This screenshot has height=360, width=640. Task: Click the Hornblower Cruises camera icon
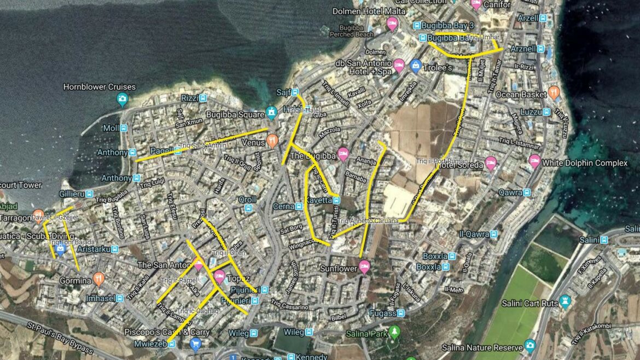[x=123, y=99]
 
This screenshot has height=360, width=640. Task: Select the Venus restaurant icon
[x=272, y=141]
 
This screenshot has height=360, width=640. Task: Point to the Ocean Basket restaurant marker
[x=554, y=93]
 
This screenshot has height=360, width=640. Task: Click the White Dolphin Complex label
[x=585, y=163]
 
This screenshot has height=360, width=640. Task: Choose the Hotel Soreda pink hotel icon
[x=491, y=163]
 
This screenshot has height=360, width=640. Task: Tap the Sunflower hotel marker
[x=364, y=268]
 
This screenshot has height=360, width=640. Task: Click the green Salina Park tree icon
[x=394, y=332]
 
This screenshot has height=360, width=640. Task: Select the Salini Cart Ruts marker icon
[x=565, y=301]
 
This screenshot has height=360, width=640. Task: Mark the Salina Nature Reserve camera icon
[x=530, y=346]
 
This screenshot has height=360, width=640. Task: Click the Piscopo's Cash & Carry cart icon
[x=195, y=344]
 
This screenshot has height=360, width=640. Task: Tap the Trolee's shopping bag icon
[x=416, y=67]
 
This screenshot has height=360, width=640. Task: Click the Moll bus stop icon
[x=124, y=128]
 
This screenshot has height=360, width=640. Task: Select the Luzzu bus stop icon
[x=546, y=112]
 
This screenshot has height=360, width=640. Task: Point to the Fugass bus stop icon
[x=401, y=313]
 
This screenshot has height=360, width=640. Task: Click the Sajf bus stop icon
[x=295, y=92]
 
